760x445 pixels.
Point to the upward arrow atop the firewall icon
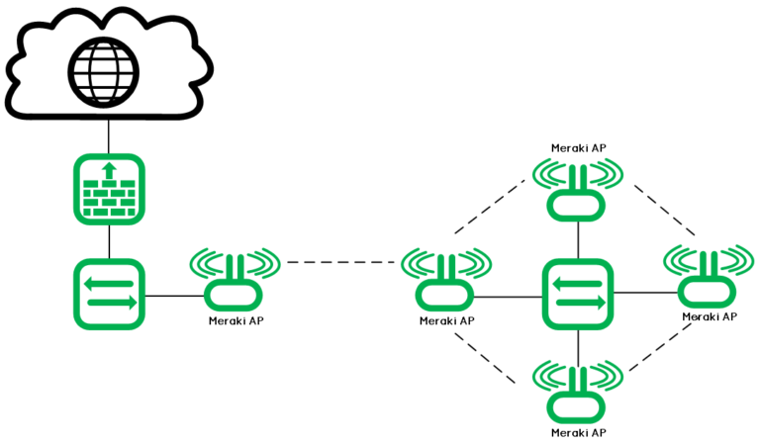coord(110,170)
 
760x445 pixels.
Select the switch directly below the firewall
coord(110,295)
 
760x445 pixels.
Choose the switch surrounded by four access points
coord(578,294)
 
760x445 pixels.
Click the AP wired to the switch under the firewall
coord(234,283)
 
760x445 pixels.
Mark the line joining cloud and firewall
coord(109,135)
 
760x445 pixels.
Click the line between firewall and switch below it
coord(109,242)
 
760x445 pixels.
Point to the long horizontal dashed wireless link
coord(341,263)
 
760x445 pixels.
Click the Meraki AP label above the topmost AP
coord(578,148)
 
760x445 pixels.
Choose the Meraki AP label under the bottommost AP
coord(578,433)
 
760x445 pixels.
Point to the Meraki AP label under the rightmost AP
coord(709,316)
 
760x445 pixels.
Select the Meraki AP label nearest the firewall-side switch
coord(236,320)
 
